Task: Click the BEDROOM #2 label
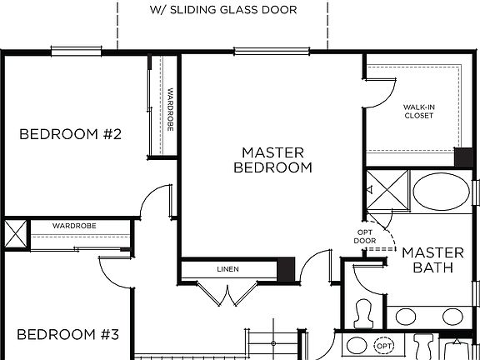(x=71, y=134)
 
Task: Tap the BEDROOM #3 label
(x=68, y=335)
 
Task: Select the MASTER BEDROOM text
(x=272, y=160)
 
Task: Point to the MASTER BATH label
(x=432, y=260)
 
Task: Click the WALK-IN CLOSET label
(x=419, y=112)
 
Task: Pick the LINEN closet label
(x=227, y=269)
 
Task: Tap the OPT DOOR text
(x=365, y=236)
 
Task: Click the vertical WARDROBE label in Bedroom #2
(x=170, y=110)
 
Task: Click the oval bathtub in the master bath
(x=441, y=192)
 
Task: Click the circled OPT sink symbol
(x=383, y=345)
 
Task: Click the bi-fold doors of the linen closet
(x=226, y=294)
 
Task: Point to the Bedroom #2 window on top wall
(x=76, y=52)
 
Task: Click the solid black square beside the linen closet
(x=286, y=269)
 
